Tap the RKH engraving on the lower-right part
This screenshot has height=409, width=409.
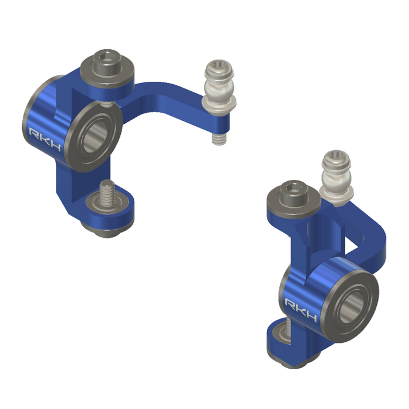tap(300, 310)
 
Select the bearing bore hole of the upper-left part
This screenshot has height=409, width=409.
tap(96, 138)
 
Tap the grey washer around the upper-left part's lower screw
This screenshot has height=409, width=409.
tap(109, 204)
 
